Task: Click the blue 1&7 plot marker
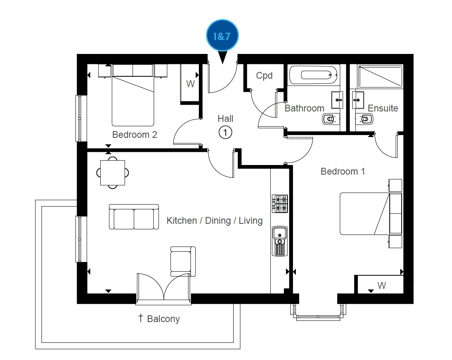pyautogui.click(x=222, y=36)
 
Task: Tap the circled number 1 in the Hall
pyautogui.click(x=225, y=133)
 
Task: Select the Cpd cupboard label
pyautogui.click(x=264, y=76)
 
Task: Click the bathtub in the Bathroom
pyautogui.click(x=313, y=75)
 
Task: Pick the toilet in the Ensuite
pyautogui.click(x=365, y=119)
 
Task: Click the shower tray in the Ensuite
pyautogui.click(x=380, y=77)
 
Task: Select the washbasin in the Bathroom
pyautogui.click(x=337, y=100)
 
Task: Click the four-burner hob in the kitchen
pyautogui.click(x=280, y=204)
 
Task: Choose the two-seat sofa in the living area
pyautogui.click(x=134, y=217)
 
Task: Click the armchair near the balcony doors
pyautogui.click(x=183, y=261)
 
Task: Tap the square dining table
pyautogui.click(x=113, y=173)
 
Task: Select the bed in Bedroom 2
pyautogui.click(x=133, y=95)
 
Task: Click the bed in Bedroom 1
pyautogui.click(x=371, y=214)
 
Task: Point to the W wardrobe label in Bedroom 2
pyautogui.click(x=190, y=84)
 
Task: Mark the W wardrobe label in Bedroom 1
pyautogui.click(x=382, y=286)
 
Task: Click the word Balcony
pyautogui.click(x=163, y=319)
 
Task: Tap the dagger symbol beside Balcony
pyautogui.click(x=141, y=318)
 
